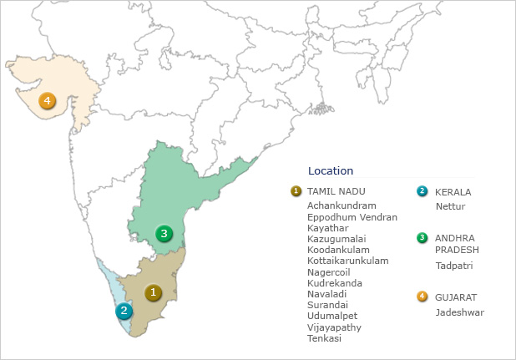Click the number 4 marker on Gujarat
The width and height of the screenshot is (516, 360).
47,102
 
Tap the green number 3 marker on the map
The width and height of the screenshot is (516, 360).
164,233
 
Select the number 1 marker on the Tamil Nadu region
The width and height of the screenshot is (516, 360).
153,292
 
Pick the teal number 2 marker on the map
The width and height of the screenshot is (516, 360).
124,312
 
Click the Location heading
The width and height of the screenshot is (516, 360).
331,171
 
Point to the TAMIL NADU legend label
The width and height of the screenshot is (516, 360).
336,191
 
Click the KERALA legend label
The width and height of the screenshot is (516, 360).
453,192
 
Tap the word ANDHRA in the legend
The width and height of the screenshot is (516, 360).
454,238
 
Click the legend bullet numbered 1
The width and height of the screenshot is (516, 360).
296,191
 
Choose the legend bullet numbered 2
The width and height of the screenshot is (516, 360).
422,191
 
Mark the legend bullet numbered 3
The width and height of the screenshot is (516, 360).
422,238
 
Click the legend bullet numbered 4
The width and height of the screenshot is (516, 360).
422,297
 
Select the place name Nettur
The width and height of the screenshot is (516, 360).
449,205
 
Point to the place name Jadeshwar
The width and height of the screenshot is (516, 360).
459,312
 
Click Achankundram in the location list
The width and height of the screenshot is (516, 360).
341,205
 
